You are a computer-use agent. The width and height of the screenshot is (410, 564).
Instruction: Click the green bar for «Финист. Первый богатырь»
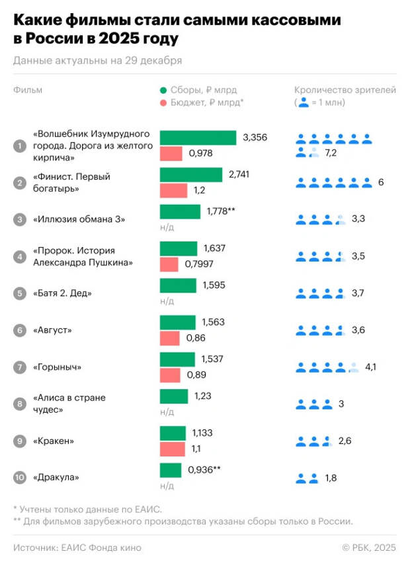coord(191,175)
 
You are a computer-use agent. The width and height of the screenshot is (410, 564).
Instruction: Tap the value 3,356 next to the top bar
coord(255,137)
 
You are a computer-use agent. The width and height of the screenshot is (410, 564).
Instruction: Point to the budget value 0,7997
coord(202,264)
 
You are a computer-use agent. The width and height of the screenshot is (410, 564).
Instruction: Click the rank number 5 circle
coord(20,293)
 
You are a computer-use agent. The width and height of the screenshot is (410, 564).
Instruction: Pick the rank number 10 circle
coord(20,477)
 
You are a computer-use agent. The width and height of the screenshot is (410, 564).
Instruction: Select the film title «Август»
coord(53,330)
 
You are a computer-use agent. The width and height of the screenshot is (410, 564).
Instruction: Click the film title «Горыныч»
coord(58,367)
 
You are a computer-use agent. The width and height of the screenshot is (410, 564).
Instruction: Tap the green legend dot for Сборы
coord(163,90)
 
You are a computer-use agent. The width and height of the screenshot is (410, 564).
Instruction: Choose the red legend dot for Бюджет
coord(163,103)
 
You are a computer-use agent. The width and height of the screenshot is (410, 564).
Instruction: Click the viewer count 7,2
coord(331,153)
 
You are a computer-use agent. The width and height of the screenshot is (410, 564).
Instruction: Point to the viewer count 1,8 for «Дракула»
coord(331,477)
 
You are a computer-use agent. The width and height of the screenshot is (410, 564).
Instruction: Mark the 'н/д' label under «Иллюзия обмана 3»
coord(167,227)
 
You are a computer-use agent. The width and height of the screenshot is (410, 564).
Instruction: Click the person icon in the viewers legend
coord(304,102)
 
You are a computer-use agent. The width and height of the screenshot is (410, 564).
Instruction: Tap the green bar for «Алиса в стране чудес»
coord(174,396)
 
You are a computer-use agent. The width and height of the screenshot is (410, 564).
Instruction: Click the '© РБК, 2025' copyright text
coord(369,547)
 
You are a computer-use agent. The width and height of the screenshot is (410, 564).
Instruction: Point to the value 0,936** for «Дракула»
coord(204,470)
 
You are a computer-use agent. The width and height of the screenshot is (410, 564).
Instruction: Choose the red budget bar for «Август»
coord(170,338)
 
